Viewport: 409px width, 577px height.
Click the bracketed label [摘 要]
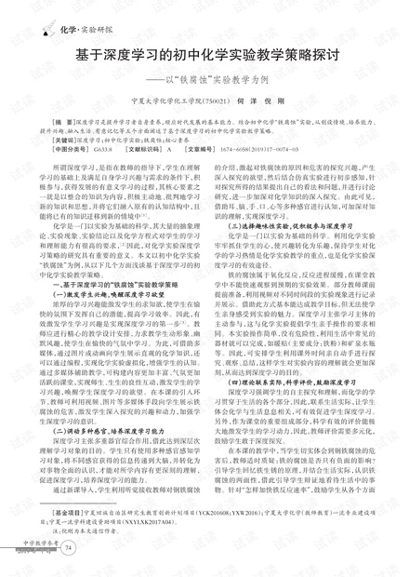(x=68, y=123)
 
